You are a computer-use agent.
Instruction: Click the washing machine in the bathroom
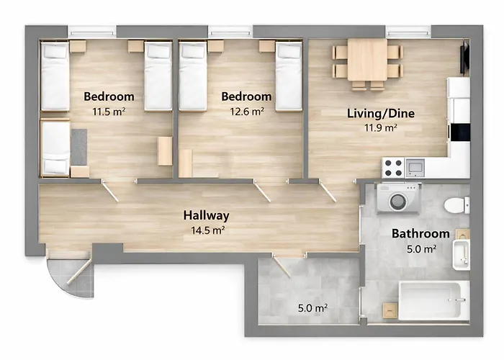coord(397,199)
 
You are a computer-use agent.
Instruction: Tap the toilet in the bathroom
coord(456,205)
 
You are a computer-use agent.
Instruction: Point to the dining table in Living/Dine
coord(367,60)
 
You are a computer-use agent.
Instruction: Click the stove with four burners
coord(393,168)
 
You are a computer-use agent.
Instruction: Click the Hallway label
coord(206,215)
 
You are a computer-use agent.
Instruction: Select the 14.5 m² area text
coord(206,230)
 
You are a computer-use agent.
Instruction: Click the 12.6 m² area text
coord(246,112)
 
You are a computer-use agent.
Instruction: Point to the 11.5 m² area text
coord(108,112)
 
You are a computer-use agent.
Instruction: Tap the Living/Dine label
coord(381,113)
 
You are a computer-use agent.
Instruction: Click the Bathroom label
coord(420,234)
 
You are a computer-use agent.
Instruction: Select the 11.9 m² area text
coord(381,128)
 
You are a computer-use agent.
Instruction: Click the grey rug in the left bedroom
coord(78,146)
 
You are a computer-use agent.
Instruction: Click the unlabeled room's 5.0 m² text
coord(312,308)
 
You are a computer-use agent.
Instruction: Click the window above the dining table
coord(407,32)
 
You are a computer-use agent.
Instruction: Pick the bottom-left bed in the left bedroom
coord(55,148)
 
